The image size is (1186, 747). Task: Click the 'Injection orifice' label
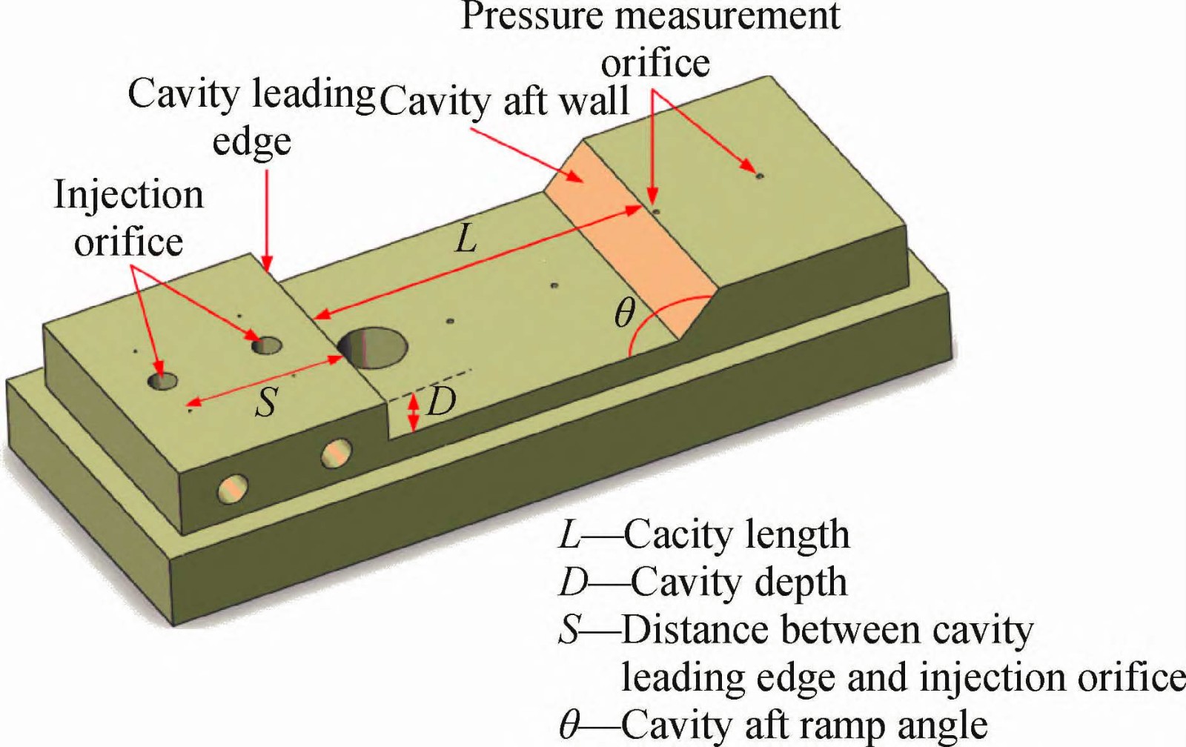[x=128, y=219]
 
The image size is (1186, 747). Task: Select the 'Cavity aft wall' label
[x=505, y=102]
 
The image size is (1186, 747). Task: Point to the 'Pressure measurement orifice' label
[x=651, y=39]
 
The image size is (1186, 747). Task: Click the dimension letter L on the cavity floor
[x=466, y=239]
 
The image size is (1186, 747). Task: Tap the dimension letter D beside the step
[x=442, y=402]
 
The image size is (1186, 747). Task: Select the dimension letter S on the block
[x=265, y=402]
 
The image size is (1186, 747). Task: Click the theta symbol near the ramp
[x=625, y=313]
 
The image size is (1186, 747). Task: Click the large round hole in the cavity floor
[x=373, y=348]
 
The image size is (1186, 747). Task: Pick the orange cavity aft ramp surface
[x=630, y=245]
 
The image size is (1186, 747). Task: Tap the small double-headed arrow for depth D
[x=414, y=411]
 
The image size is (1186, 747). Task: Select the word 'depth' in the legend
[x=804, y=582]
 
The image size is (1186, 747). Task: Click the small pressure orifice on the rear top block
[x=758, y=176]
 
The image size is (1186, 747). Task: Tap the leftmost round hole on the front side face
[x=232, y=490]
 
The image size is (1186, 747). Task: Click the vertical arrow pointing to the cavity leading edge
[x=267, y=219]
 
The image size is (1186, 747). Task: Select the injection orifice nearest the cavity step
[x=267, y=345]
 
